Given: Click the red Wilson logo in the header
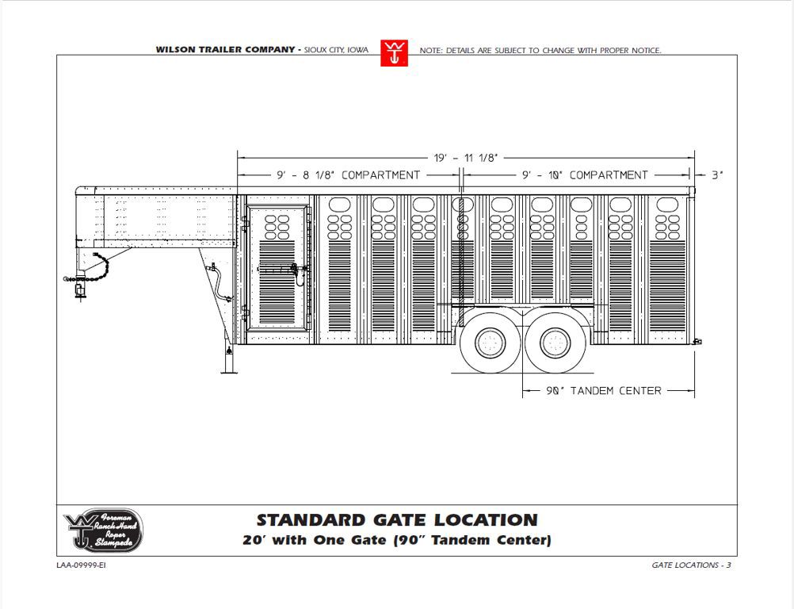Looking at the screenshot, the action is point(394,52).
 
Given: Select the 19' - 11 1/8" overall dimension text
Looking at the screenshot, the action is point(466,158).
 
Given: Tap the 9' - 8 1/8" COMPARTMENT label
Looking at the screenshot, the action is point(349,175).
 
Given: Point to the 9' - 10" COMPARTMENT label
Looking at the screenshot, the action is point(585,175).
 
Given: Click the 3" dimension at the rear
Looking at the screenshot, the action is point(718,175).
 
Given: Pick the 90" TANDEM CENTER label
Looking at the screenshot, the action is point(604,391).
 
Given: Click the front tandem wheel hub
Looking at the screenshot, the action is point(491,343).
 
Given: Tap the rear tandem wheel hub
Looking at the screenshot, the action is point(555,343).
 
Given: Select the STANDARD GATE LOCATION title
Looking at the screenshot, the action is point(397,520).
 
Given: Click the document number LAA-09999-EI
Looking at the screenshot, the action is point(81,565).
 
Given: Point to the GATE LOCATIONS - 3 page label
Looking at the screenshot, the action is point(691,565).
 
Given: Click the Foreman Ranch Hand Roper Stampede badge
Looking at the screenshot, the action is point(103,530).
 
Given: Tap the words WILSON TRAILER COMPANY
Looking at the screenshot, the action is point(225,50).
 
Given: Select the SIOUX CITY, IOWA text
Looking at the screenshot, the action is point(336,50).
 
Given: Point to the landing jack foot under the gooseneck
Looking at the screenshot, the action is point(229,373).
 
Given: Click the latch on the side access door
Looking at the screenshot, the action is point(295,270).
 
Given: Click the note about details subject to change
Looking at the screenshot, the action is point(540,50).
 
